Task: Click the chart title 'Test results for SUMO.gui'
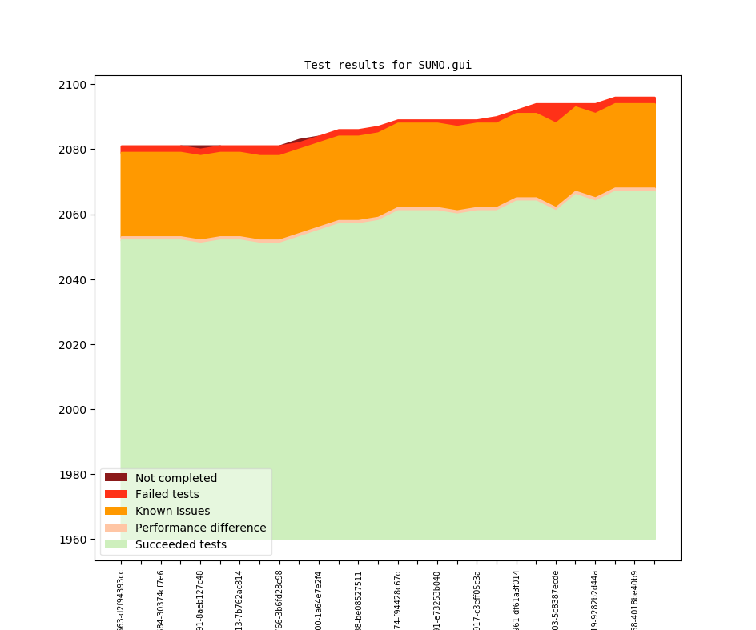[388, 65]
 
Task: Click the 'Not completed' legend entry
[175, 478]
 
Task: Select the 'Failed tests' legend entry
[167, 495]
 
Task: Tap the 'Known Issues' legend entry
[172, 511]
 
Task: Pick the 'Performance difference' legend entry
[200, 528]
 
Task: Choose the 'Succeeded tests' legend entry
[180, 544]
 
